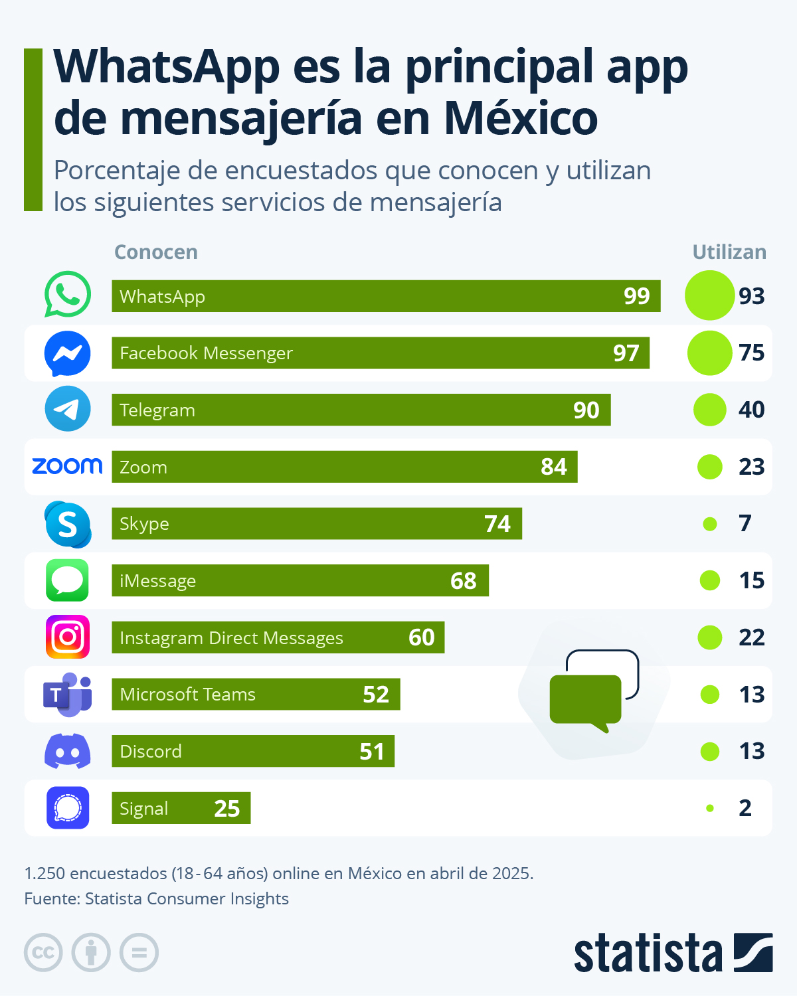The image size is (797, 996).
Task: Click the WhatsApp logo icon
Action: pyautogui.click(x=67, y=294)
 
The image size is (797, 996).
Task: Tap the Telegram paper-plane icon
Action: pyautogui.click(x=67, y=409)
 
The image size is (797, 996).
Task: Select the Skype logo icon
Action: pyautogui.click(x=68, y=524)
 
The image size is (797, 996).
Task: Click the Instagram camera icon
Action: pyautogui.click(x=67, y=637)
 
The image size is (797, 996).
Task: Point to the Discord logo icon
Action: pyautogui.click(x=67, y=751)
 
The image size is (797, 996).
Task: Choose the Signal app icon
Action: pyautogui.click(x=67, y=808)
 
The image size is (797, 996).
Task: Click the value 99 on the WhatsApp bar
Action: pyautogui.click(x=636, y=296)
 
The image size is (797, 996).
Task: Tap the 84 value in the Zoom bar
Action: pyautogui.click(x=553, y=467)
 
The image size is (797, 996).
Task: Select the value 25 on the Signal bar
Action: pyautogui.click(x=226, y=808)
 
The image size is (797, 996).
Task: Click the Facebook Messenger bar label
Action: pyautogui.click(x=206, y=353)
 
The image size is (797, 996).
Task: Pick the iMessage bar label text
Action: pyautogui.click(x=157, y=581)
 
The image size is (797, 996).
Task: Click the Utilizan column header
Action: pyautogui.click(x=729, y=252)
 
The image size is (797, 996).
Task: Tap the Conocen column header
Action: pyautogui.click(x=156, y=252)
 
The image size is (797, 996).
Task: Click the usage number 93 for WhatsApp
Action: pyautogui.click(x=751, y=296)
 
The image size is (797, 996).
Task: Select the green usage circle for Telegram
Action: pyautogui.click(x=709, y=410)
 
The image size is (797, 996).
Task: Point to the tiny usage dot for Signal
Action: pyautogui.click(x=710, y=808)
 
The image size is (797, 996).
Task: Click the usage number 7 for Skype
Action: pyautogui.click(x=745, y=523)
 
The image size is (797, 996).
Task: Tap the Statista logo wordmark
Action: pyautogui.click(x=648, y=954)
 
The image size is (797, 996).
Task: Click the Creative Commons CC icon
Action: pyautogui.click(x=43, y=953)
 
